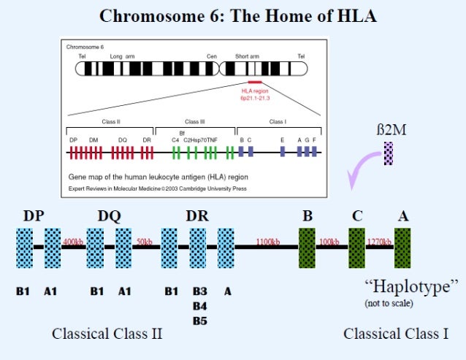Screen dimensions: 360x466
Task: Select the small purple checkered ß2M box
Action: tap(389, 153)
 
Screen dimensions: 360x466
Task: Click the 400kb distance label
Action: tap(73, 241)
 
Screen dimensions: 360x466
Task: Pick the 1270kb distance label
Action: tap(379, 241)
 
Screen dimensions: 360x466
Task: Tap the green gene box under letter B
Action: tap(307, 248)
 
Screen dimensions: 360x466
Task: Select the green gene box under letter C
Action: tap(356, 248)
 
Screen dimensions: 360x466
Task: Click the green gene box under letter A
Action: tap(402, 248)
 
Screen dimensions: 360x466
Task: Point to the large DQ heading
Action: tap(110, 215)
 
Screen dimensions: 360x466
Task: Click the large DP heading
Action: tap(34, 215)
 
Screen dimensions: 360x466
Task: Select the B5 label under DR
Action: tap(199, 320)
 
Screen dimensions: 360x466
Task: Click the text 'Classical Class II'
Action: tap(107, 334)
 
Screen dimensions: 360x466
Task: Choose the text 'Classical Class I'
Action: tap(396, 334)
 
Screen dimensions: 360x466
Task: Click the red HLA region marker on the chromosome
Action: tap(256, 83)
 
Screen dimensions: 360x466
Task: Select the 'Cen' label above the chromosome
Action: tap(212, 55)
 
